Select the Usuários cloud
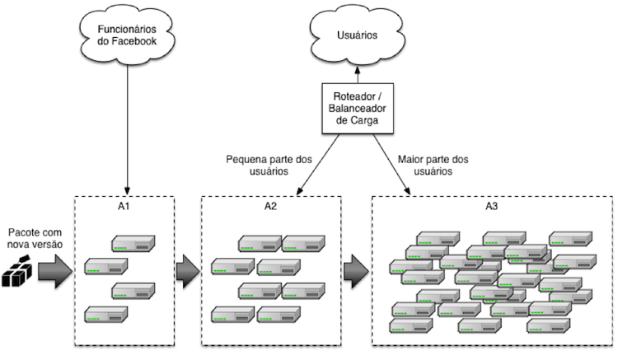[x=357, y=37]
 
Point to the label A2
[x=271, y=208]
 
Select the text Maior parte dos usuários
[x=433, y=166]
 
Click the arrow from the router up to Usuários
[x=357, y=77]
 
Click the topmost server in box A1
[x=133, y=244]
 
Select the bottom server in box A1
[x=105, y=315]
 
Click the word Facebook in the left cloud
[x=139, y=42]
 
